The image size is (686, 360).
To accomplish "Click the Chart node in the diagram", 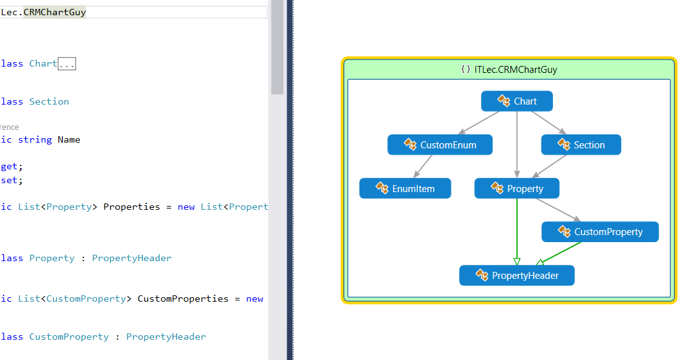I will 517,101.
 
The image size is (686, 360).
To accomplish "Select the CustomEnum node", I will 441,145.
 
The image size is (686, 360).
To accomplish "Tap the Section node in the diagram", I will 581,145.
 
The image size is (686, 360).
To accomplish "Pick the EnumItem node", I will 405,189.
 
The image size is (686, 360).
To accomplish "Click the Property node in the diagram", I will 517,189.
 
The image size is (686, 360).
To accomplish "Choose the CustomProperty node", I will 600,232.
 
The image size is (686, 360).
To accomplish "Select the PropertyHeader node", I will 517,276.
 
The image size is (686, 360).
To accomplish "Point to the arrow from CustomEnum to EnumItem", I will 423,167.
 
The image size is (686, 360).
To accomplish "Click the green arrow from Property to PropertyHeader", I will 517,231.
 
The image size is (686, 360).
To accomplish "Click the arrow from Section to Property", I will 550,167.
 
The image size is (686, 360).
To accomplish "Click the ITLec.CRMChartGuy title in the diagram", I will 515,70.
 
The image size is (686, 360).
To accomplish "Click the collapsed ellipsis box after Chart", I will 67,63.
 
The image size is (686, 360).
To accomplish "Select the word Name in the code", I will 68,139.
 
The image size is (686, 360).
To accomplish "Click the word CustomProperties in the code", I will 183,299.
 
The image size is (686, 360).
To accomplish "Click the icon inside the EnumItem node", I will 382,188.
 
